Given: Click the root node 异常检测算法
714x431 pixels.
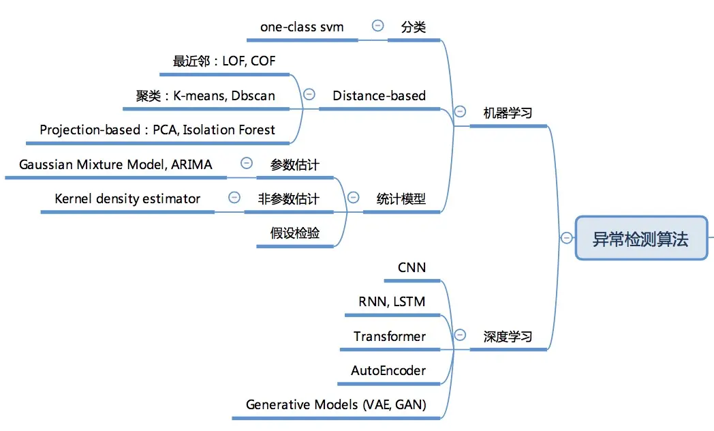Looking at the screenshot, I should [640, 239].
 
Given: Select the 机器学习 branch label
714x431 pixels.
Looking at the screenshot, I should [508, 113].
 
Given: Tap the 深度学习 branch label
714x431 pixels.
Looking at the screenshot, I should [508, 336].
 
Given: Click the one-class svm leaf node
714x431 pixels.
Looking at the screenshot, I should [302, 27].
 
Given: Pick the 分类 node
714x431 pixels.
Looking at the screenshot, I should [413, 27].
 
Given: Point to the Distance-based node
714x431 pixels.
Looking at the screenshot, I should [379, 95].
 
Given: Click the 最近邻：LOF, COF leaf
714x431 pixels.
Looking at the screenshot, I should [224, 61].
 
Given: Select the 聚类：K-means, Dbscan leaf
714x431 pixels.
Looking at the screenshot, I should [206, 95].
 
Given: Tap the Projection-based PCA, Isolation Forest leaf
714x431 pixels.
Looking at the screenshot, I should [157, 130].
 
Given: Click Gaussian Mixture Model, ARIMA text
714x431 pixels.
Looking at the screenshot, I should [115, 164].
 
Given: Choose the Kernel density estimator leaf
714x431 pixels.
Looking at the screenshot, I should [127, 198].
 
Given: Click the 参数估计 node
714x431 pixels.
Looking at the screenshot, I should [294, 164].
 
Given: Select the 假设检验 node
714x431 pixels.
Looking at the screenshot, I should [294, 233].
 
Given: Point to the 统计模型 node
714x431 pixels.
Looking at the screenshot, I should [401, 198].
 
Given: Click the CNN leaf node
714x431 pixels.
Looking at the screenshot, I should [412, 267].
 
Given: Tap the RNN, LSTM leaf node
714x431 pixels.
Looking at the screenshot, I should [392, 301].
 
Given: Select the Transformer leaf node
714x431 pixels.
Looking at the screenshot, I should [390, 336].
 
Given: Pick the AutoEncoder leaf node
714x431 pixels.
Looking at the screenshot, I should [388, 370].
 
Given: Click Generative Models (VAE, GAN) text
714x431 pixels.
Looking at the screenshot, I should [336, 404].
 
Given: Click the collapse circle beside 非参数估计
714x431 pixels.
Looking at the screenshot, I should [234, 197].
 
